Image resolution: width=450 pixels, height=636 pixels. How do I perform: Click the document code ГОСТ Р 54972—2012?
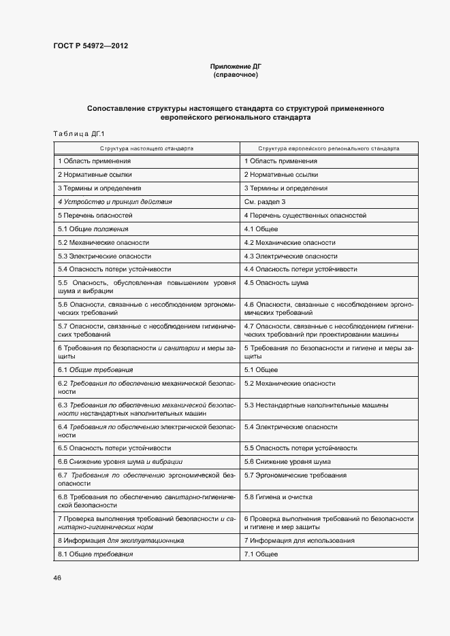91,46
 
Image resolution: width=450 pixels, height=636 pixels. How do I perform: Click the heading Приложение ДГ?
236,66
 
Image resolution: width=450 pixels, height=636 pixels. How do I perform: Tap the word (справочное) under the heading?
236,74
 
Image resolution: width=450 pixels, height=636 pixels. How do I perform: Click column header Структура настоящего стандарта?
146,148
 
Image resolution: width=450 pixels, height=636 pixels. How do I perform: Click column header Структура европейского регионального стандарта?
329,148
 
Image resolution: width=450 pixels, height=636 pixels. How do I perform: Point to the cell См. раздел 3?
265,202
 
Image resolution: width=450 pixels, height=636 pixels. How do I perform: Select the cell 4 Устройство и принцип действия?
115,202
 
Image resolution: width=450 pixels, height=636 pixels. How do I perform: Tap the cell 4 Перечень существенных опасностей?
305,216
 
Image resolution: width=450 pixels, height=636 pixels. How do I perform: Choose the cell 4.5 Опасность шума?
276,282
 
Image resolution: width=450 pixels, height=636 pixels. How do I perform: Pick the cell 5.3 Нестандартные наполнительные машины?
317,405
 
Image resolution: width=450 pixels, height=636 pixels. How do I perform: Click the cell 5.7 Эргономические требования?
295,475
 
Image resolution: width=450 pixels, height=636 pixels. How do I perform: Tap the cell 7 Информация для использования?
299,541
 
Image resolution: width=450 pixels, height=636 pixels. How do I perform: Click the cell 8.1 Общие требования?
95,554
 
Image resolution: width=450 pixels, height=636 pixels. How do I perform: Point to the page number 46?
57,578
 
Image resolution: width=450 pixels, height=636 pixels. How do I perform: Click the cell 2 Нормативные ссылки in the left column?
95,175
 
